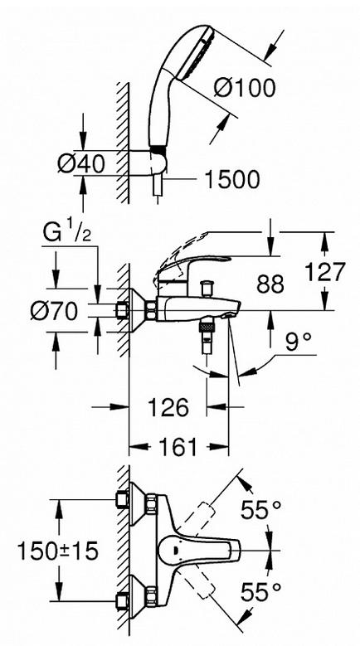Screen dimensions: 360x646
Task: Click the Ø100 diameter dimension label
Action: point(245,88)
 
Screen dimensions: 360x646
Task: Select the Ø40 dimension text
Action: point(81,164)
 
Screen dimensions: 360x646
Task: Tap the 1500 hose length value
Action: point(232,180)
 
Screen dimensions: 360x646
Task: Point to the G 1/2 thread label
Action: point(67,234)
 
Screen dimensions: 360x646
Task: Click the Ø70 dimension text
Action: point(54,311)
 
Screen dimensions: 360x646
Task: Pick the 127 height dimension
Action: point(325,272)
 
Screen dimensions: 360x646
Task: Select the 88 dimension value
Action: point(270,284)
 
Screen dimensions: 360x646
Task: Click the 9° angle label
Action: point(298,342)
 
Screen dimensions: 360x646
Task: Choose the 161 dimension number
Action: point(178,448)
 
